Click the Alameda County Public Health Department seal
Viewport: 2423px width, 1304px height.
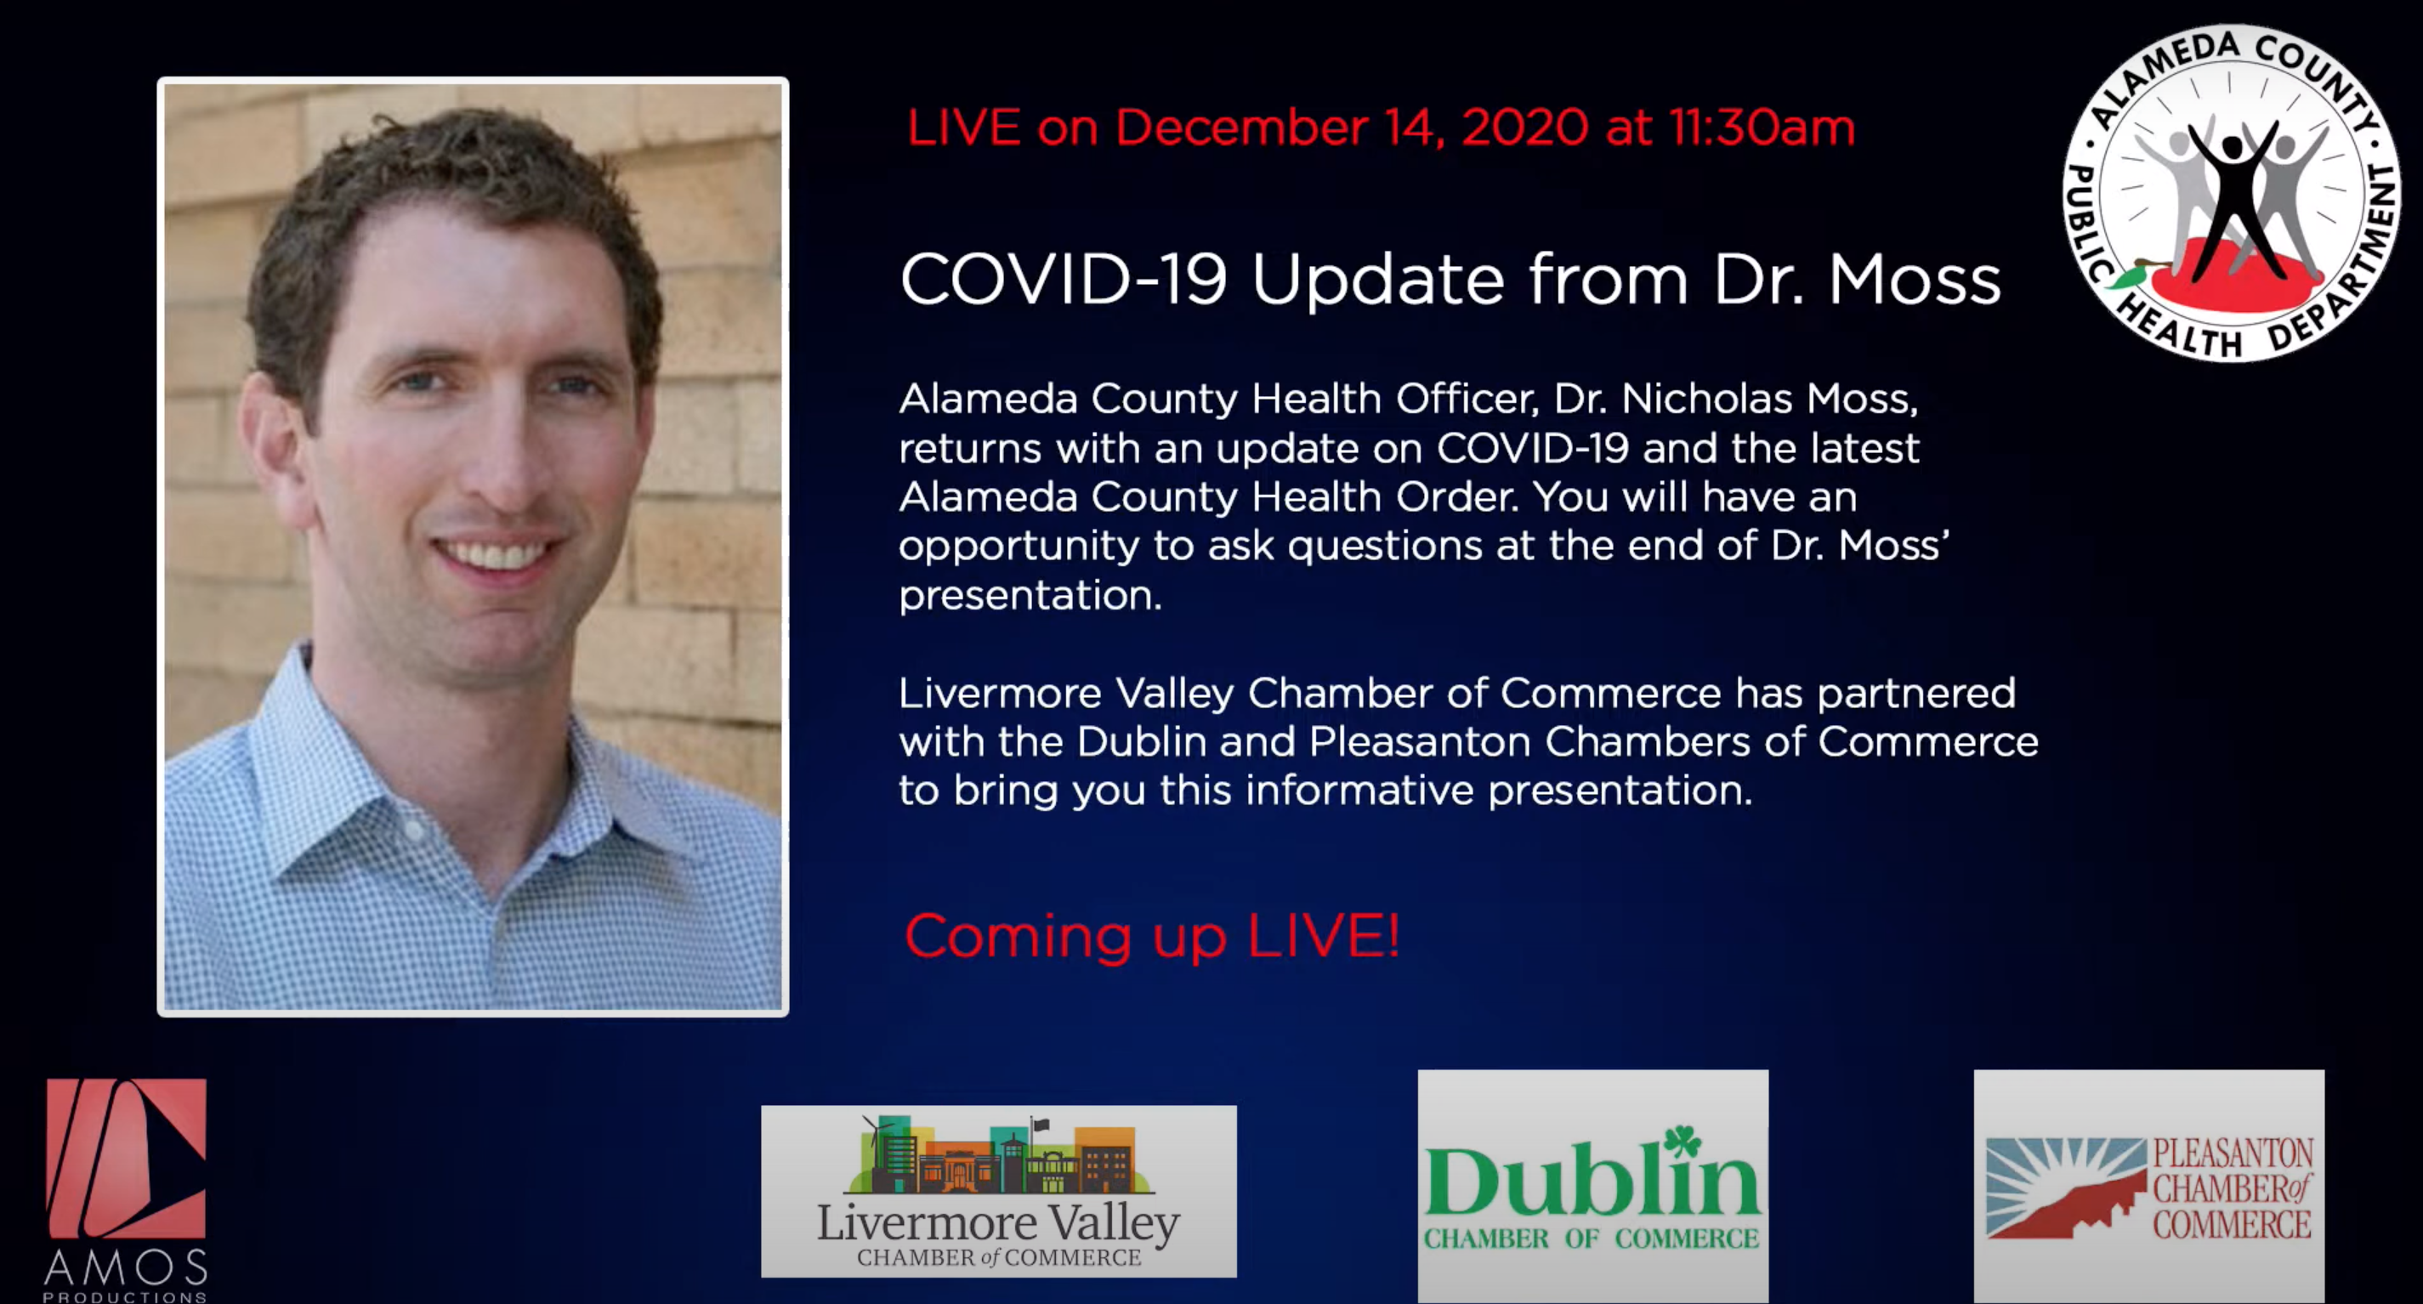point(2231,193)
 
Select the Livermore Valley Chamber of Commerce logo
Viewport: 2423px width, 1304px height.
point(999,1191)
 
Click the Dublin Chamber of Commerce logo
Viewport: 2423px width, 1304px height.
point(1592,1187)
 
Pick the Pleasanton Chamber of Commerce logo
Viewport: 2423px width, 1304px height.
point(2148,1187)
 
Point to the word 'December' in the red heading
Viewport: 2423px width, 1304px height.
point(1241,127)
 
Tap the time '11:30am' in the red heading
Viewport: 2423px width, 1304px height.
point(1762,127)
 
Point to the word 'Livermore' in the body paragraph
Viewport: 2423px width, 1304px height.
point(1000,693)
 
